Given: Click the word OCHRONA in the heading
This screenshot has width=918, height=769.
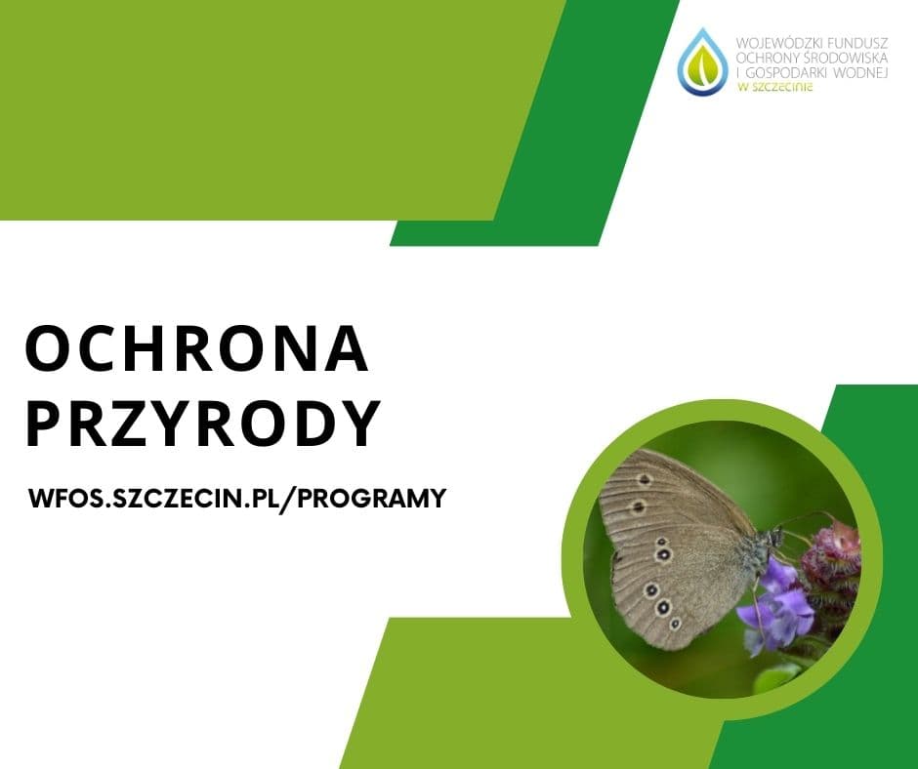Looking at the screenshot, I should tap(196, 349).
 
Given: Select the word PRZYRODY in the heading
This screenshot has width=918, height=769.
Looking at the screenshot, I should tap(202, 425).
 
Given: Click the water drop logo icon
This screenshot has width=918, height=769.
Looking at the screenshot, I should tap(701, 61).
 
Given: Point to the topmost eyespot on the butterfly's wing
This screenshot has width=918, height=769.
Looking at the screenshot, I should tap(645, 479).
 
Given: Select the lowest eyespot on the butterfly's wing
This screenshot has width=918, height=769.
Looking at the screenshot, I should tap(675, 624).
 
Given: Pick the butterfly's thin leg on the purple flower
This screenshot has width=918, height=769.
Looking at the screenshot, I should tap(756, 600).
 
